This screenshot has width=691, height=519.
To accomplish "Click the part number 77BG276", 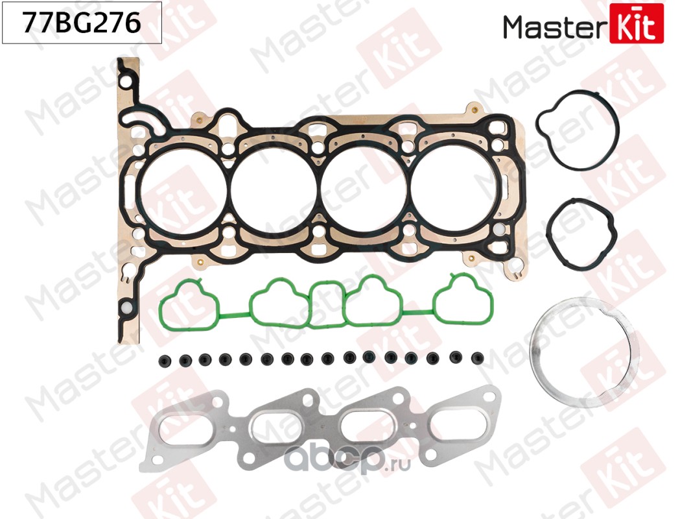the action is [82, 23].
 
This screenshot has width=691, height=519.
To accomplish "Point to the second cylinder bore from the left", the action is [274, 187].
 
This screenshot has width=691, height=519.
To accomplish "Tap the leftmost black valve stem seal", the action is [162, 359].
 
